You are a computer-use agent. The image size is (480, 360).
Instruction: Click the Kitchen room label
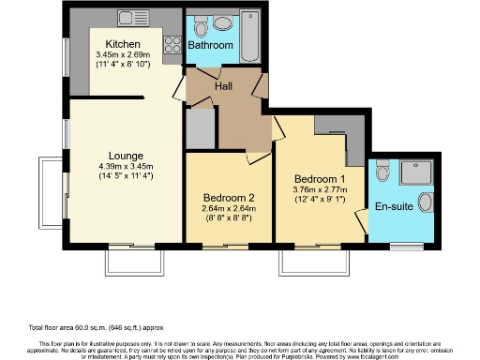[123, 44]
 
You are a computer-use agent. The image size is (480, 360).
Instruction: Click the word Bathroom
[210, 45]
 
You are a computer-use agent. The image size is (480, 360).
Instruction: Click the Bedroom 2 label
[229, 198]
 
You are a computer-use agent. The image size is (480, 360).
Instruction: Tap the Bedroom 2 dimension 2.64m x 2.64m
[229, 209]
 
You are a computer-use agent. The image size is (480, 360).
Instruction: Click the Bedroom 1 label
[320, 179]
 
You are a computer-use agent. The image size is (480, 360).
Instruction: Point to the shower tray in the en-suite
[413, 172]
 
